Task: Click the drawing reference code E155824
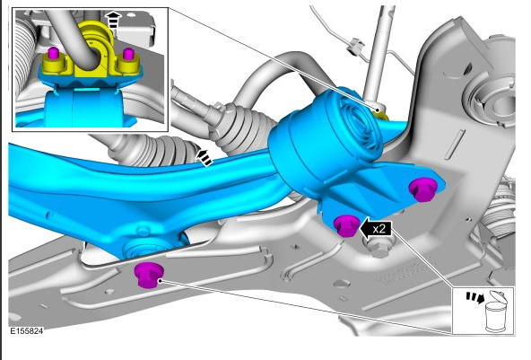(x=26, y=331)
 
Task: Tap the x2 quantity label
(x=379, y=229)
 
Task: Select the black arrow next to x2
(x=375, y=229)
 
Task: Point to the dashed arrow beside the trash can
(x=474, y=297)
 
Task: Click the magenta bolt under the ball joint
(x=149, y=276)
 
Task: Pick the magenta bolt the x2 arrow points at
(x=346, y=225)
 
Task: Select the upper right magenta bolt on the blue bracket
(x=423, y=189)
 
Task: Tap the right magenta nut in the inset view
(x=128, y=54)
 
